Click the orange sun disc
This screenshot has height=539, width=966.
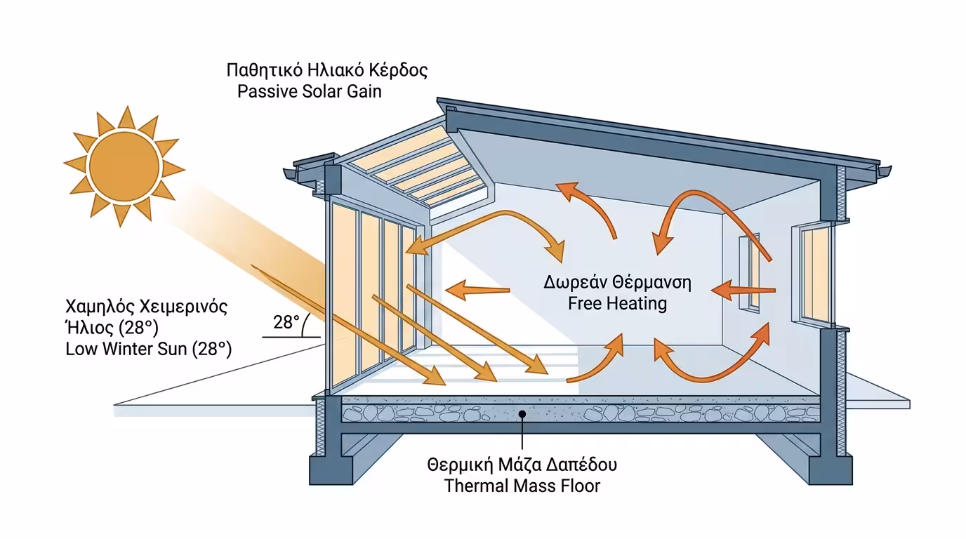click(124, 166)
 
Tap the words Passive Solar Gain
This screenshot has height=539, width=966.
click(310, 91)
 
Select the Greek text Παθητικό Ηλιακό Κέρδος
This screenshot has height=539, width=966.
click(326, 71)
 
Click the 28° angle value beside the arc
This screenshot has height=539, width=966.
click(286, 323)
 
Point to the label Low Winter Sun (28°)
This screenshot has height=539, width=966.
click(148, 349)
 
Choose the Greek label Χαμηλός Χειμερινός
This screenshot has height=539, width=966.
click(146, 307)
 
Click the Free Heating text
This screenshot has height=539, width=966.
click(617, 304)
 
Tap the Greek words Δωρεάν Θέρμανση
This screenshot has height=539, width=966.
click(617, 284)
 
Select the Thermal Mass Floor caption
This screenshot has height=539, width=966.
click(522, 486)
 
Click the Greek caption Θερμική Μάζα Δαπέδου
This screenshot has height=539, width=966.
click(522, 465)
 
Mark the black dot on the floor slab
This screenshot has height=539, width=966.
click(522, 414)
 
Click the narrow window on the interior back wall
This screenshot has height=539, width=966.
click(750, 272)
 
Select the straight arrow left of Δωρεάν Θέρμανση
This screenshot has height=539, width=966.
click(477, 288)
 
